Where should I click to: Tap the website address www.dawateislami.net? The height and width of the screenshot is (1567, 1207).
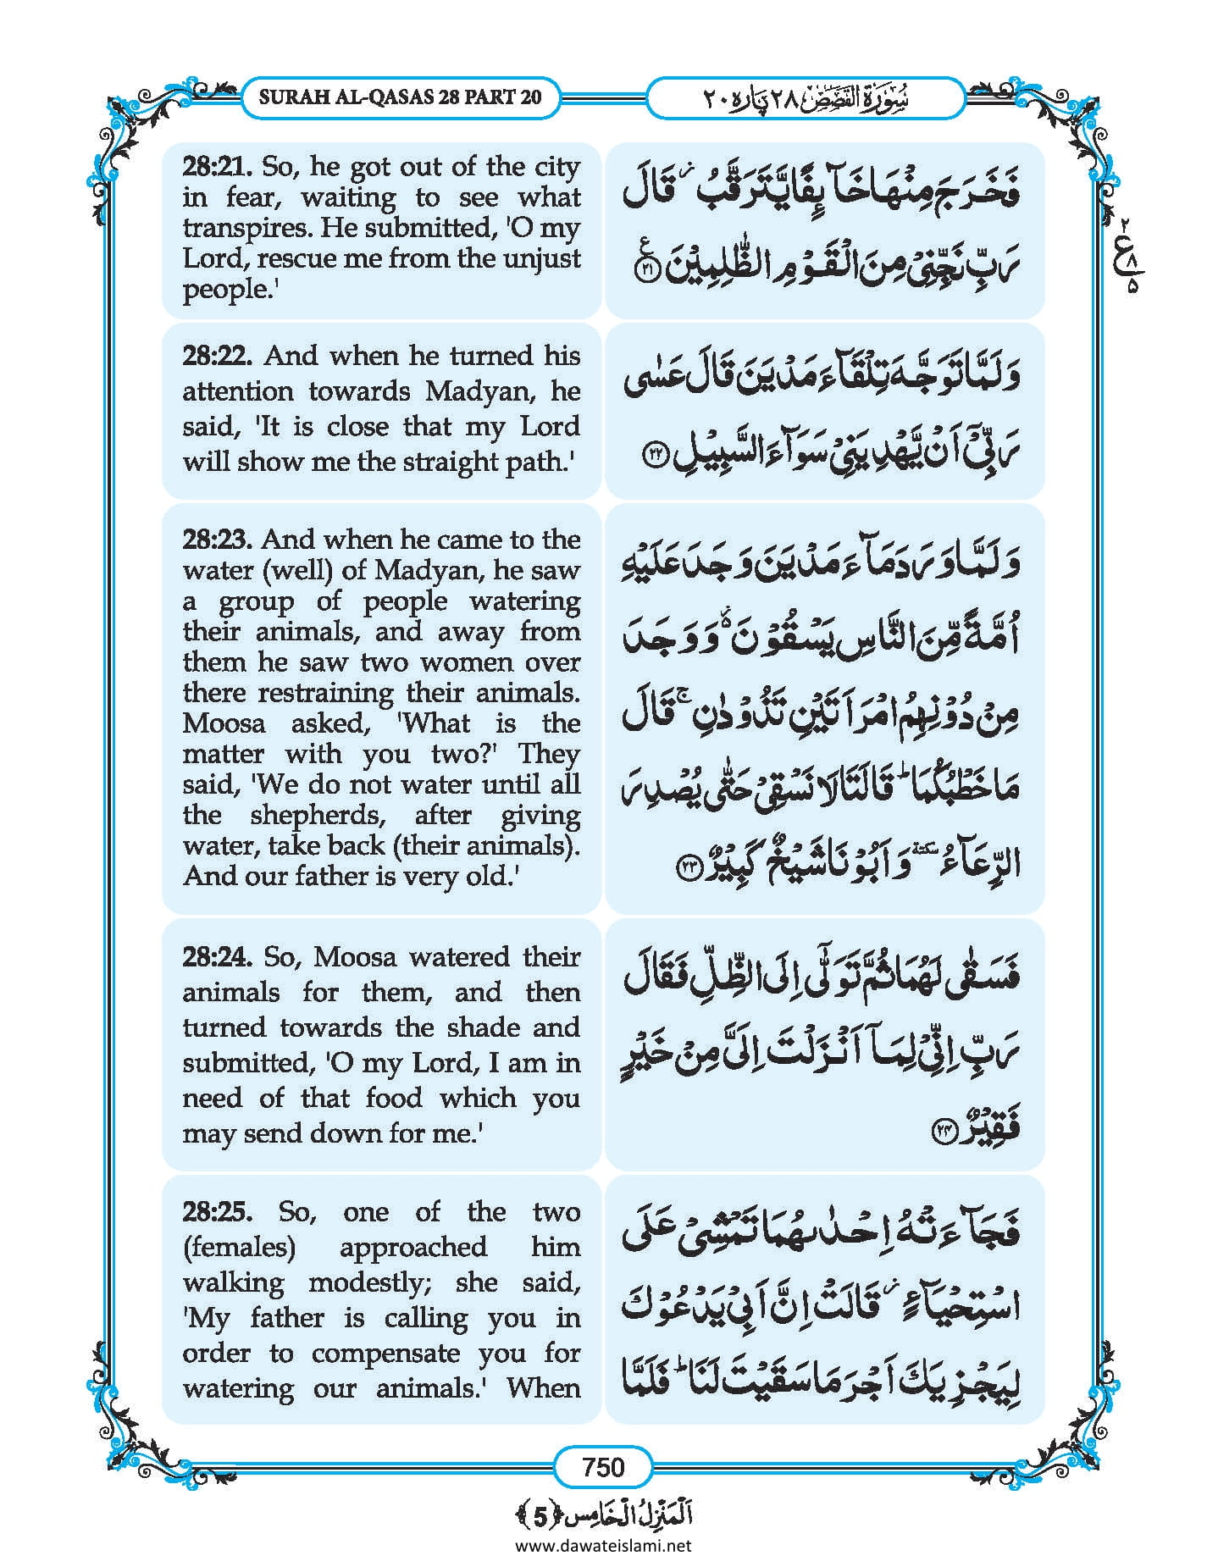[603, 1545]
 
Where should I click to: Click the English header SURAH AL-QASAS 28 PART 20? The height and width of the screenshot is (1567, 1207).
[400, 97]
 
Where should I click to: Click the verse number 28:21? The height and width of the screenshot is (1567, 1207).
[216, 166]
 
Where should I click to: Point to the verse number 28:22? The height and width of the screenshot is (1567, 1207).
[217, 356]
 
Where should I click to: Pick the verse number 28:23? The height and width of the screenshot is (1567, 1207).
[216, 540]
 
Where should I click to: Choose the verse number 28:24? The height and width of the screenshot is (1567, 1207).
[217, 957]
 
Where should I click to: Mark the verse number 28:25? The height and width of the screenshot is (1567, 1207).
[217, 1212]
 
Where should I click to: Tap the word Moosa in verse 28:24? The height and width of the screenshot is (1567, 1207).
[355, 957]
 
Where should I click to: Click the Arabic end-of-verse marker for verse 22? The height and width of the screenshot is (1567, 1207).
[658, 456]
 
